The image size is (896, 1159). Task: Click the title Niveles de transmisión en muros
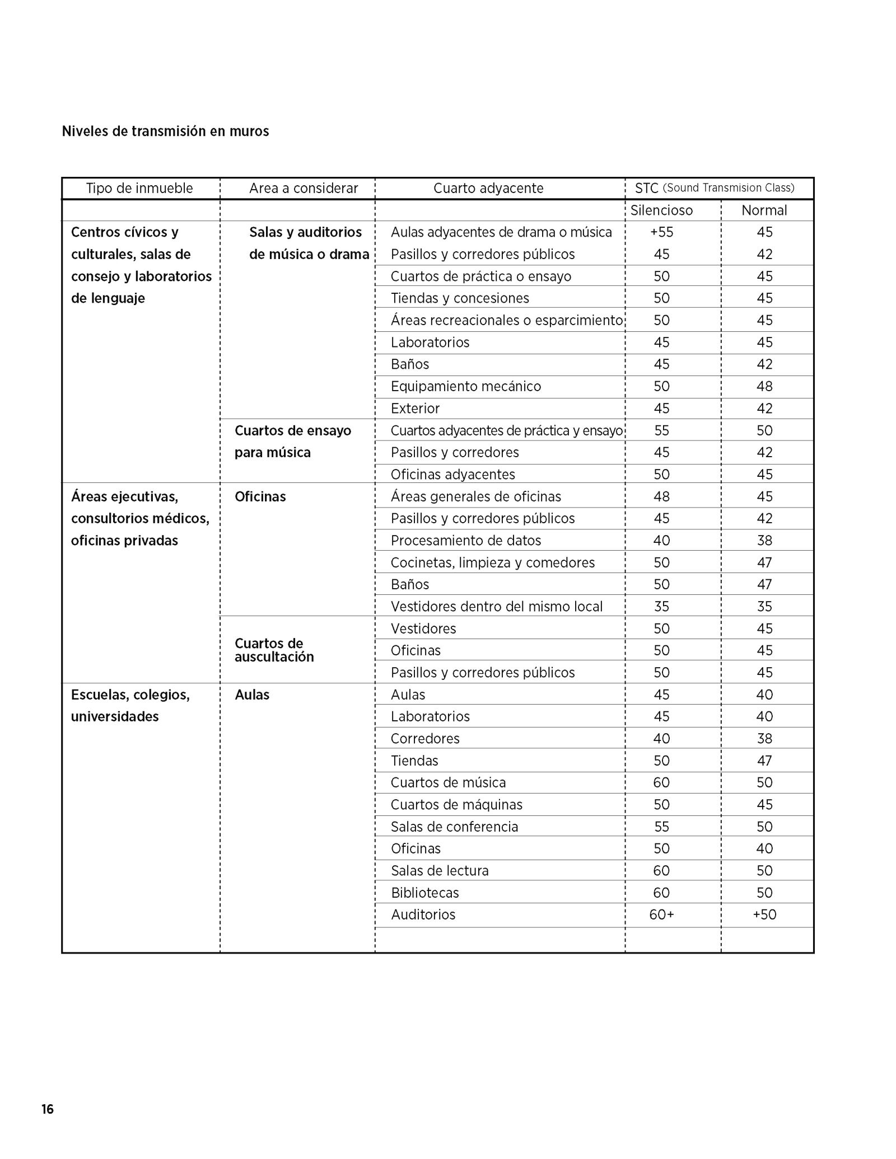pyautogui.click(x=165, y=132)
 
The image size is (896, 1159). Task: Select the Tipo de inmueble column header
pyautogui.click(x=139, y=189)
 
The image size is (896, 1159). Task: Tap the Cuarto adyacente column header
pyautogui.click(x=488, y=189)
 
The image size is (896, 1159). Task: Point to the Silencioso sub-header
pyautogui.click(x=661, y=210)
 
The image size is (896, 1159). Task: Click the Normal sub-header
pyautogui.click(x=764, y=210)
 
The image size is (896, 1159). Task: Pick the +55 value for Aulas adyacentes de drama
pyautogui.click(x=661, y=232)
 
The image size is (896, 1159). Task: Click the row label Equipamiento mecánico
pyautogui.click(x=466, y=387)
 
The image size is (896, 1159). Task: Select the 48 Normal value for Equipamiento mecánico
pyautogui.click(x=764, y=387)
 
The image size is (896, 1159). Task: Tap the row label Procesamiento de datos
pyautogui.click(x=466, y=541)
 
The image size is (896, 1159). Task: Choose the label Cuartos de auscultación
pyautogui.click(x=274, y=650)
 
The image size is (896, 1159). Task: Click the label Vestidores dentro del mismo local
pyautogui.click(x=497, y=607)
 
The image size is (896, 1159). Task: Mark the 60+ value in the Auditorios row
pyautogui.click(x=661, y=915)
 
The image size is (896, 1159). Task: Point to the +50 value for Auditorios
pyautogui.click(x=764, y=915)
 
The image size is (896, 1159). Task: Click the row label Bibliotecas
pyautogui.click(x=424, y=893)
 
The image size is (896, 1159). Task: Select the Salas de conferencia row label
pyautogui.click(x=454, y=827)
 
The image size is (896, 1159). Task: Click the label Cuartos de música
pyautogui.click(x=448, y=783)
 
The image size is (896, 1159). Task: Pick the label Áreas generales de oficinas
pyautogui.click(x=476, y=497)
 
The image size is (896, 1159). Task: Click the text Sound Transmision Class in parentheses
pyautogui.click(x=729, y=188)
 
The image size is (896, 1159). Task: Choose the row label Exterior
pyautogui.click(x=415, y=409)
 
